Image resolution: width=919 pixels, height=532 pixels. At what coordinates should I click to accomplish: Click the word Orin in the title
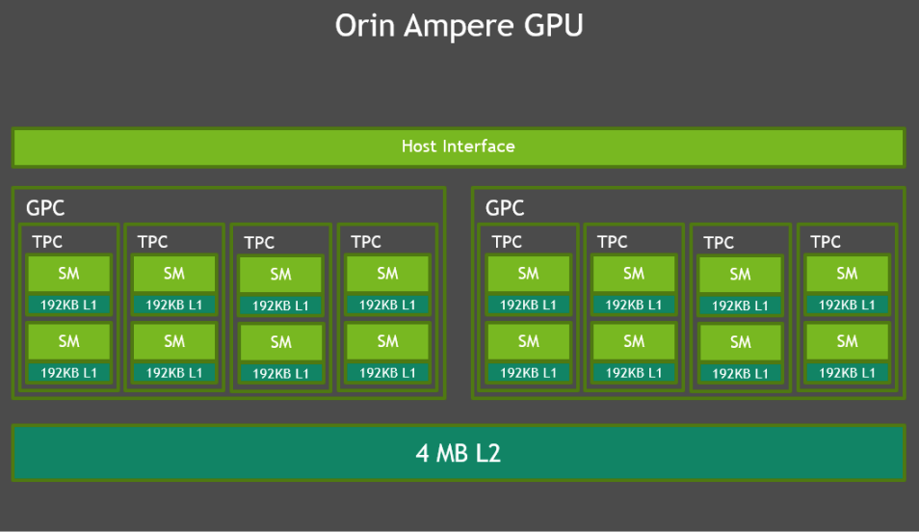tap(364, 26)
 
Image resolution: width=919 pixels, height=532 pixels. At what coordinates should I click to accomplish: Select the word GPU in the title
tap(553, 26)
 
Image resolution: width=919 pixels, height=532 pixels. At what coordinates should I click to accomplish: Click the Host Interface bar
tap(459, 146)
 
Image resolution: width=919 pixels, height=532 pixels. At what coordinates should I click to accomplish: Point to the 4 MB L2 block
tap(459, 453)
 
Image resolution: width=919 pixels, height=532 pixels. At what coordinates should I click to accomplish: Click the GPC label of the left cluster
tap(45, 208)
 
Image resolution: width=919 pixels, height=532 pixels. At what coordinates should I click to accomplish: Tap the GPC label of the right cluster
tap(505, 208)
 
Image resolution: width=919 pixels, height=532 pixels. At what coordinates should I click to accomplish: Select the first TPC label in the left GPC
tap(47, 242)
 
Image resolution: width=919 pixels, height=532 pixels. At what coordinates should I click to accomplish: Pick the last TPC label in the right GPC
tap(826, 242)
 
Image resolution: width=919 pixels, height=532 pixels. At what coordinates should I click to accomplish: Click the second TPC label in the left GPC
tap(152, 242)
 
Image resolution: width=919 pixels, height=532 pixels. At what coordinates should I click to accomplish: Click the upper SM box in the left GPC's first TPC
tap(68, 274)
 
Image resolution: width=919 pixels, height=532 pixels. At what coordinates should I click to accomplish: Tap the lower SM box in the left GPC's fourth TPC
tap(387, 341)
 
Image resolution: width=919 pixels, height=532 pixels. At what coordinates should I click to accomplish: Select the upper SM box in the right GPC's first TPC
tap(528, 274)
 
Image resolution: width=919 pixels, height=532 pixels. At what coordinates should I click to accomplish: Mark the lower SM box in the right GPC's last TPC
tap(847, 341)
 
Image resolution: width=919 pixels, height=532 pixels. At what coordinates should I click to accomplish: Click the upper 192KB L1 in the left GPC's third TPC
tap(280, 306)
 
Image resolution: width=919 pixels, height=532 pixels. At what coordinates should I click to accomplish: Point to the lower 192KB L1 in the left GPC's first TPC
tap(68, 372)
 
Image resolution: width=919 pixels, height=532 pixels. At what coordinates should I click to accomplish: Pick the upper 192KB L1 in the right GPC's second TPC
tap(633, 305)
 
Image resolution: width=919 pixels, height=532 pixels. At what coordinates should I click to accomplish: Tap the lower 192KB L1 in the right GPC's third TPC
tap(740, 373)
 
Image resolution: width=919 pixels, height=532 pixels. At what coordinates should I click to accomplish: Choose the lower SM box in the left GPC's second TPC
tap(174, 341)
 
